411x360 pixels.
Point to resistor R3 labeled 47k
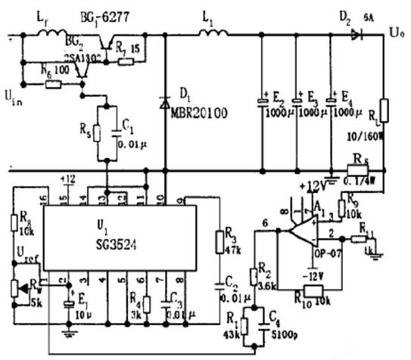[220, 243]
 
